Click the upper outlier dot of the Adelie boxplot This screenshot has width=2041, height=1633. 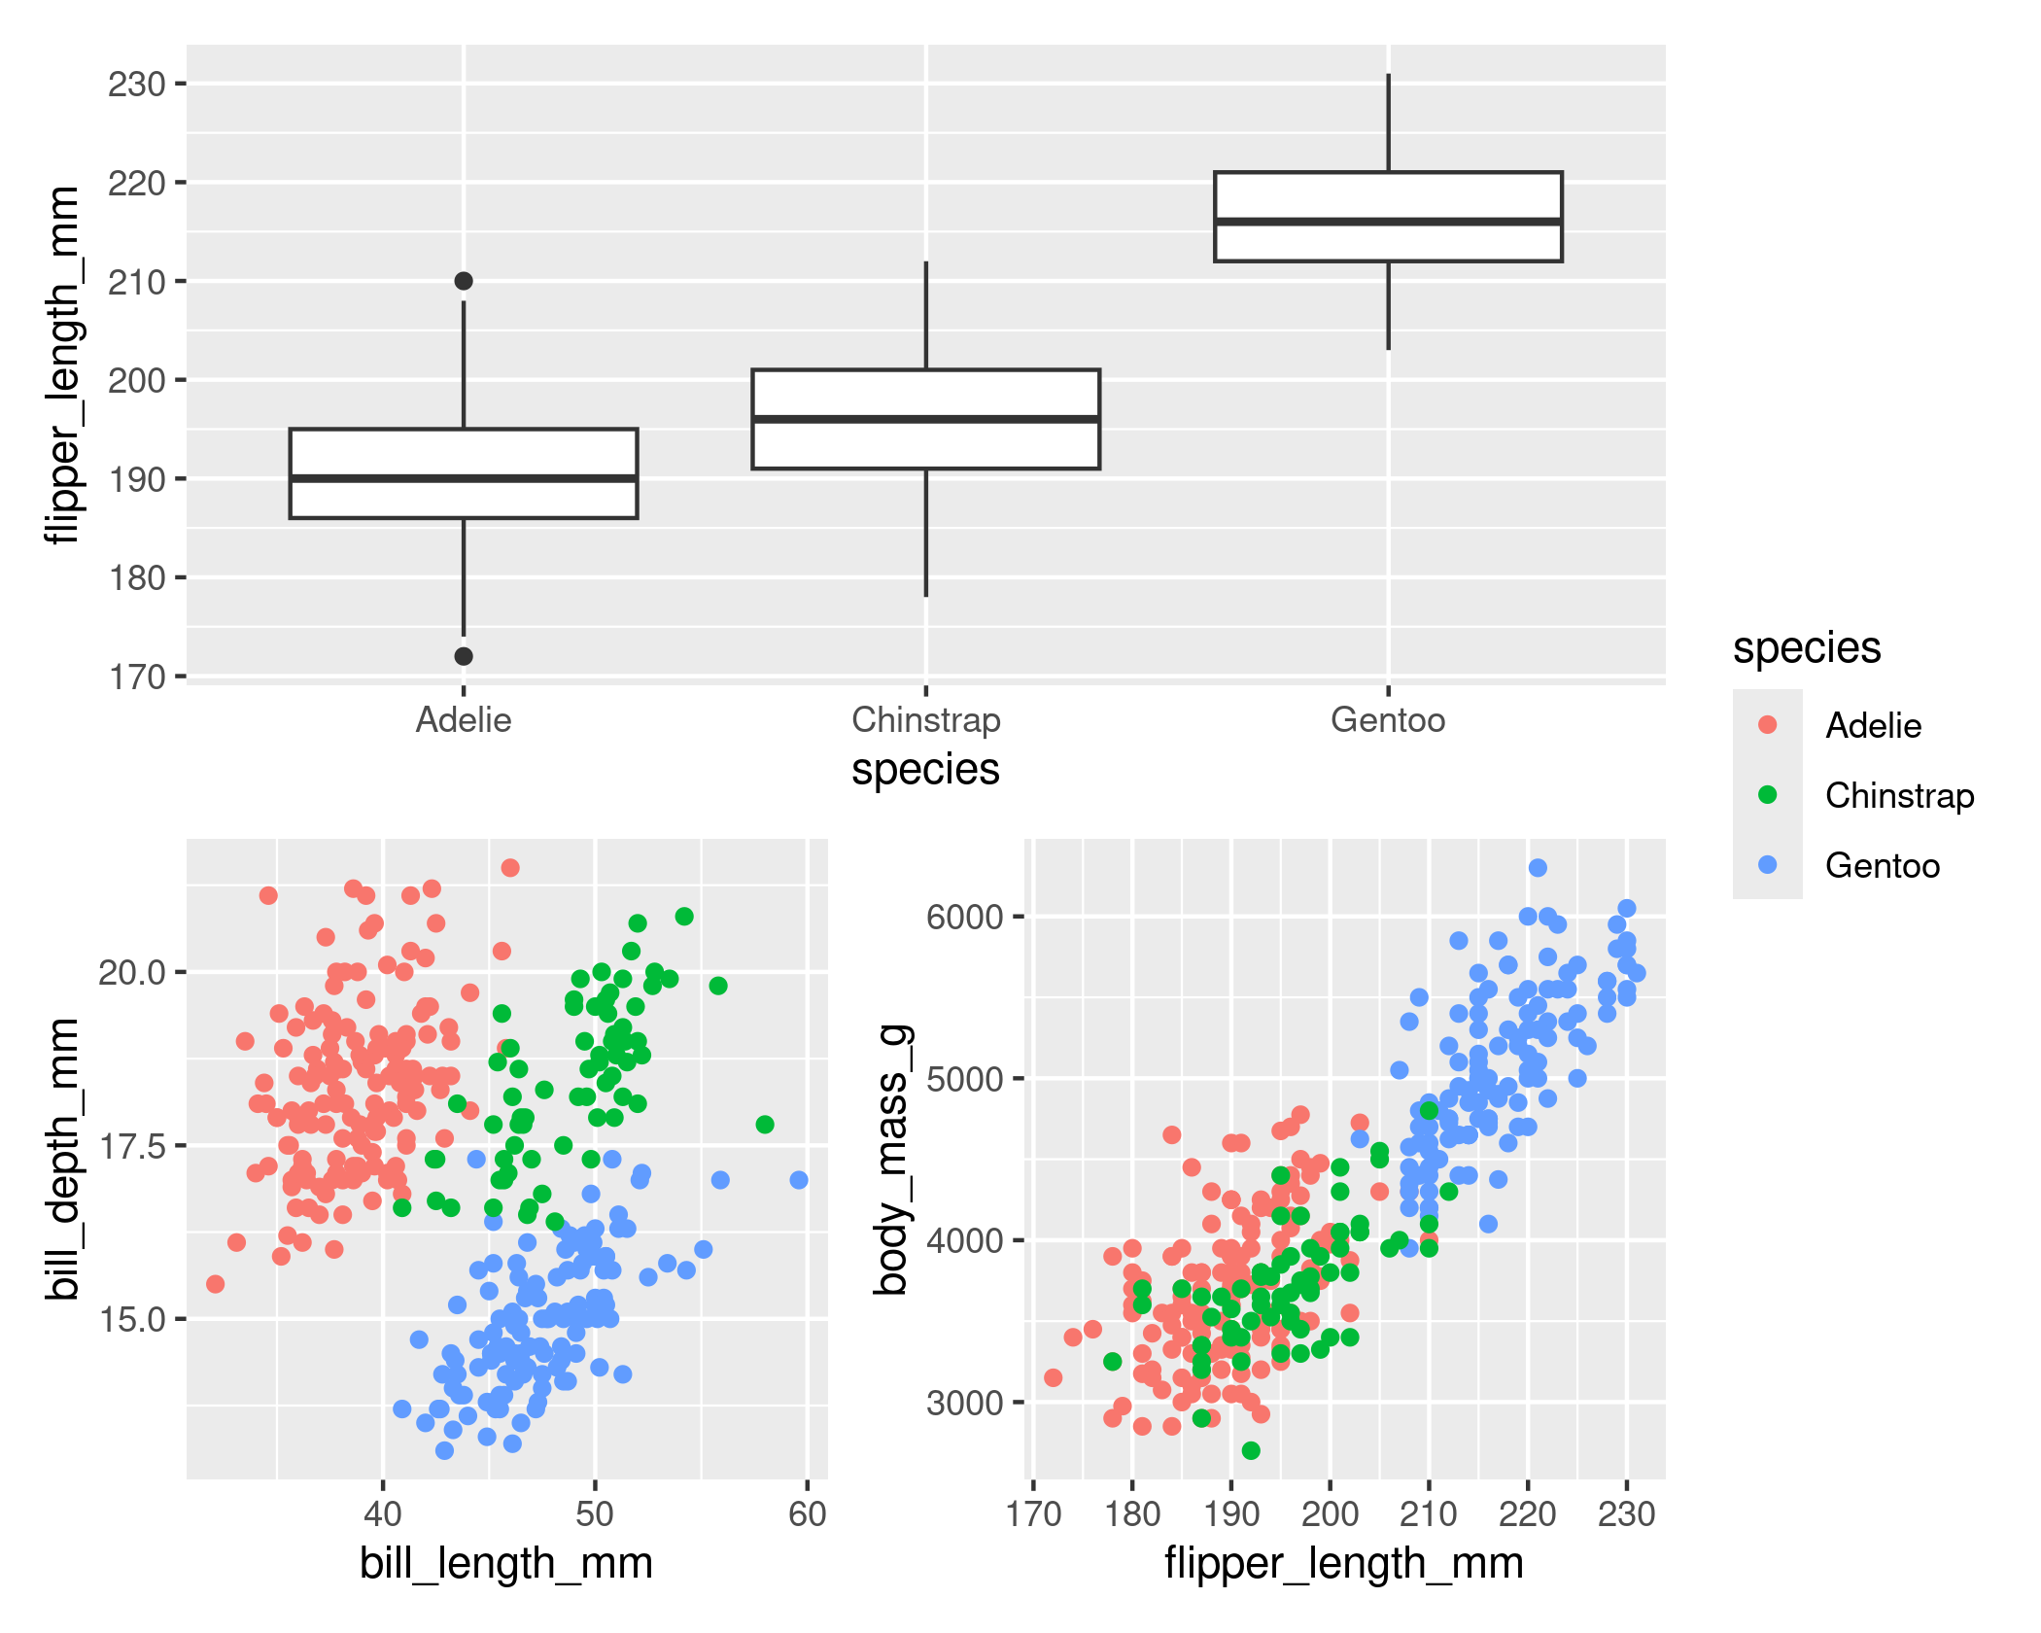coord(464,281)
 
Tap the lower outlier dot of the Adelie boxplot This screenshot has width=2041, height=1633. coord(464,656)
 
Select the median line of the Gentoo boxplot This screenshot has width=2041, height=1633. coord(1388,222)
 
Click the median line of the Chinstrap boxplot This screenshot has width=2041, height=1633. coord(925,419)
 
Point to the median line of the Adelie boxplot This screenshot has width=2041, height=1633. coord(464,478)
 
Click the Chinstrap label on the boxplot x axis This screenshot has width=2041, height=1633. coord(925,720)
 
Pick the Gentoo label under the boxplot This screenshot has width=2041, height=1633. coord(1388,720)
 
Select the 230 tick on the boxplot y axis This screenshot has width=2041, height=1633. coord(136,85)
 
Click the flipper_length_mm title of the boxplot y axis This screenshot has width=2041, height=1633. coord(64,365)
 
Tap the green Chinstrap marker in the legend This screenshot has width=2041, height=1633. coord(1768,795)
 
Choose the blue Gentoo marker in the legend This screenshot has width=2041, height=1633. coord(1768,865)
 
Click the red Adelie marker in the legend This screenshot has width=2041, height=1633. coord(1768,725)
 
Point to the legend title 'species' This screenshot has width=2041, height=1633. coord(1807,647)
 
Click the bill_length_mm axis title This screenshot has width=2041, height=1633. coord(505,1564)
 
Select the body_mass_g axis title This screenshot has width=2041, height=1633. coord(892,1159)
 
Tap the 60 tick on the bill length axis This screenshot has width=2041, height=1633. coord(808,1514)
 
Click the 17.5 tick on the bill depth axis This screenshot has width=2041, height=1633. coord(132,1147)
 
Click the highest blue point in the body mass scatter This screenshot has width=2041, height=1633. coord(1538,867)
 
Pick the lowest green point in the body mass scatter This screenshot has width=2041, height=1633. coord(1251,1450)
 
